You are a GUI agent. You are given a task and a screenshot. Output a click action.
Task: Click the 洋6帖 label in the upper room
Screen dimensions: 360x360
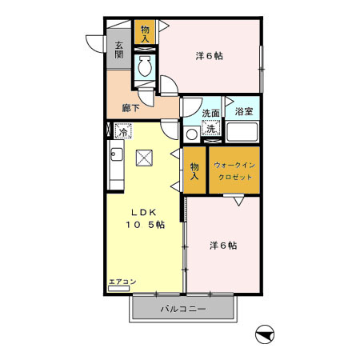[210, 56]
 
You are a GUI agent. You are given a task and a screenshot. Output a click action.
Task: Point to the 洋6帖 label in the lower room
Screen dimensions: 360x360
[222, 245]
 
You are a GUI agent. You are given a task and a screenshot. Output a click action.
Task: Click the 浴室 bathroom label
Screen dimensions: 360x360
[244, 113]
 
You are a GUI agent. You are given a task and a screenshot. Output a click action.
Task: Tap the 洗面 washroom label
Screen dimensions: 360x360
[211, 113]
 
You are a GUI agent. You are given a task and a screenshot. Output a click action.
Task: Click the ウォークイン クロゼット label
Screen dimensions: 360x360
[234, 170]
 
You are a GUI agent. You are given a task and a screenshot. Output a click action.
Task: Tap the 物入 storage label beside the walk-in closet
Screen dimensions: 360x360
[194, 170]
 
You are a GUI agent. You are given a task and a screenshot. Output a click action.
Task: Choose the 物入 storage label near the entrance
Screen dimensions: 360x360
[145, 33]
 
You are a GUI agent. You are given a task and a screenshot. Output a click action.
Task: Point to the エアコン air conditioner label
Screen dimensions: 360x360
[122, 282]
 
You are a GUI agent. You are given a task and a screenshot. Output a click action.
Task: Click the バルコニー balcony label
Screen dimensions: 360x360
[183, 308]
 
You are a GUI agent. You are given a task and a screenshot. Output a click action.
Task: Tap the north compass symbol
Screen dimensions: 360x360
[265, 334]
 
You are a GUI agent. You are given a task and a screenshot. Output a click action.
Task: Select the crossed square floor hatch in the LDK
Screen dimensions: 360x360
[145, 158]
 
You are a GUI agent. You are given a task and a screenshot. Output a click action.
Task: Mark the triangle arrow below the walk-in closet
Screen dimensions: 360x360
[239, 202]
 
